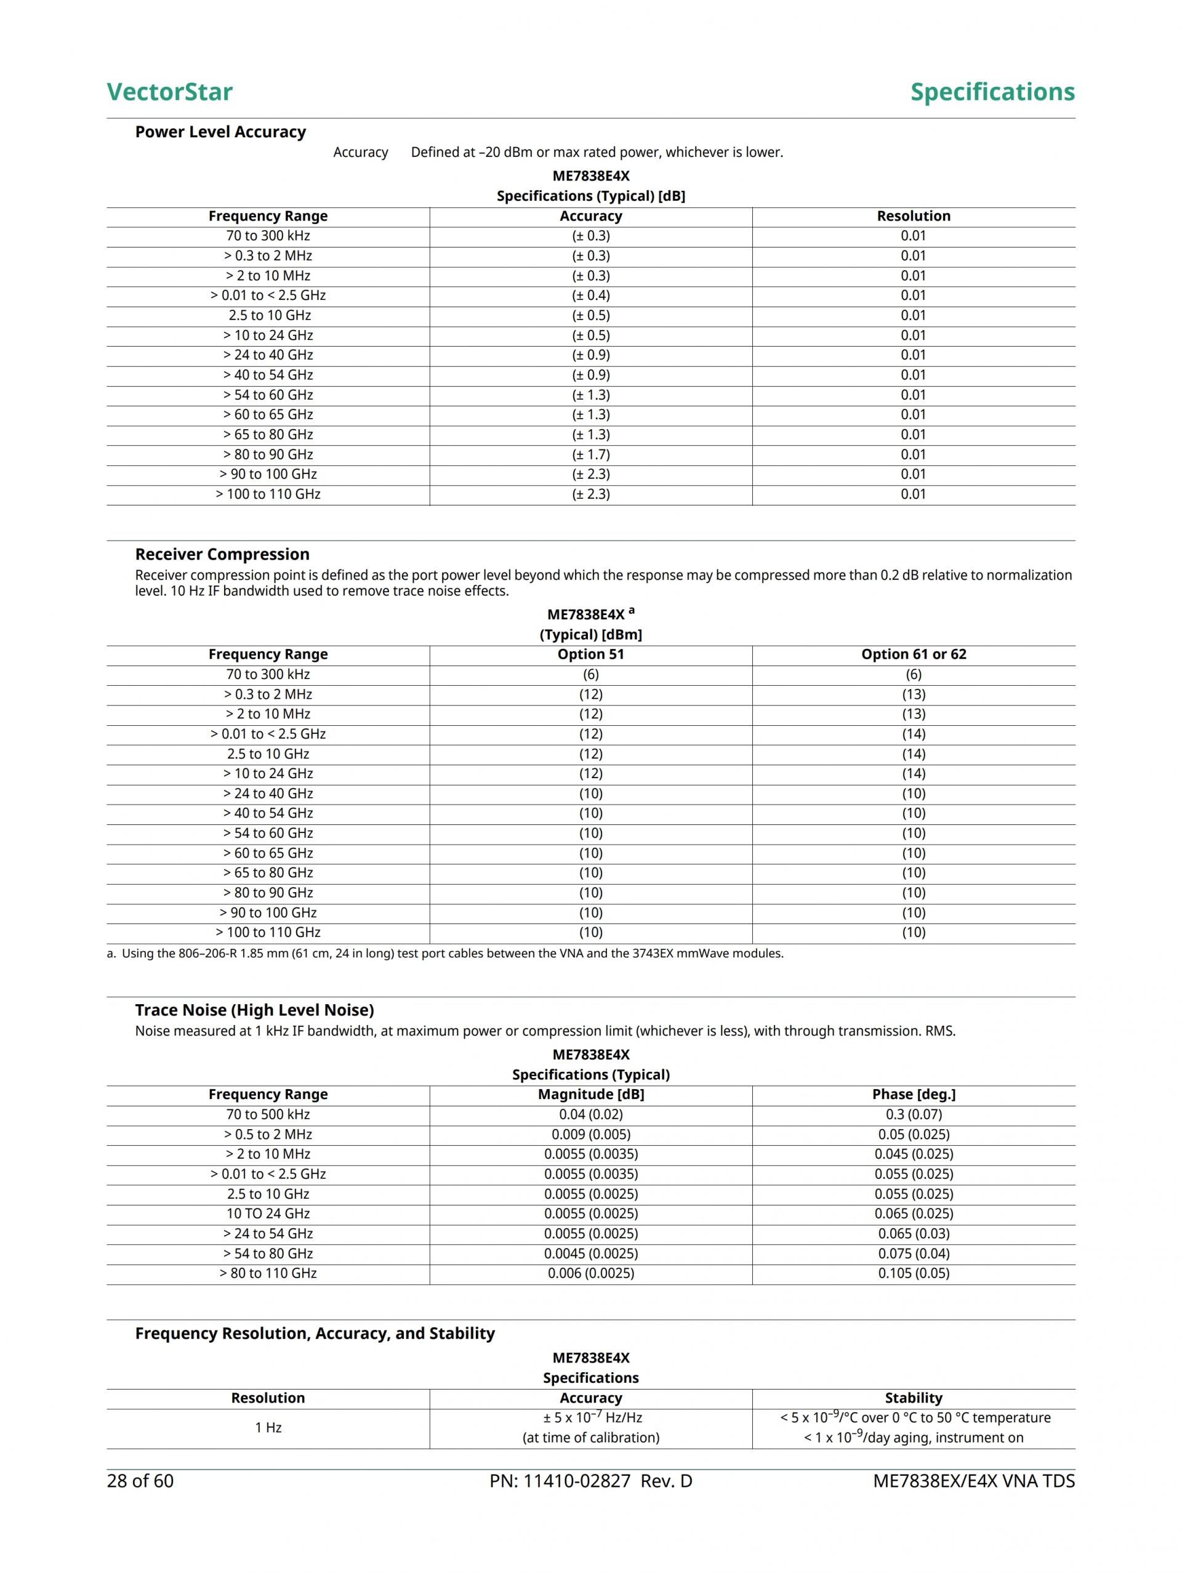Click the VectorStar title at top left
click(x=169, y=92)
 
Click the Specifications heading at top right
click(x=992, y=92)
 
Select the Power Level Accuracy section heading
click(x=220, y=132)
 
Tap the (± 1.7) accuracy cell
click(x=590, y=454)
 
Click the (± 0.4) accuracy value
click(x=590, y=295)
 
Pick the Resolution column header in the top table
click(x=913, y=216)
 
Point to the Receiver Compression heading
click(x=222, y=554)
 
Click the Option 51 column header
click(x=590, y=654)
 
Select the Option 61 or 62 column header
click(x=913, y=654)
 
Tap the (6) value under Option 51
click(x=590, y=674)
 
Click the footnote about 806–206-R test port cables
click(x=445, y=953)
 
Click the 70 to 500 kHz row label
click(x=268, y=1114)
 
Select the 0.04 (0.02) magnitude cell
click(x=590, y=1114)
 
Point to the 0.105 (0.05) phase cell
click(x=913, y=1273)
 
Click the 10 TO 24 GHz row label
click(x=268, y=1213)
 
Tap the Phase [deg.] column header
click(x=913, y=1095)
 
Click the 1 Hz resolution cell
click(x=268, y=1427)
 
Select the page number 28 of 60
click(x=140, y=1481)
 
